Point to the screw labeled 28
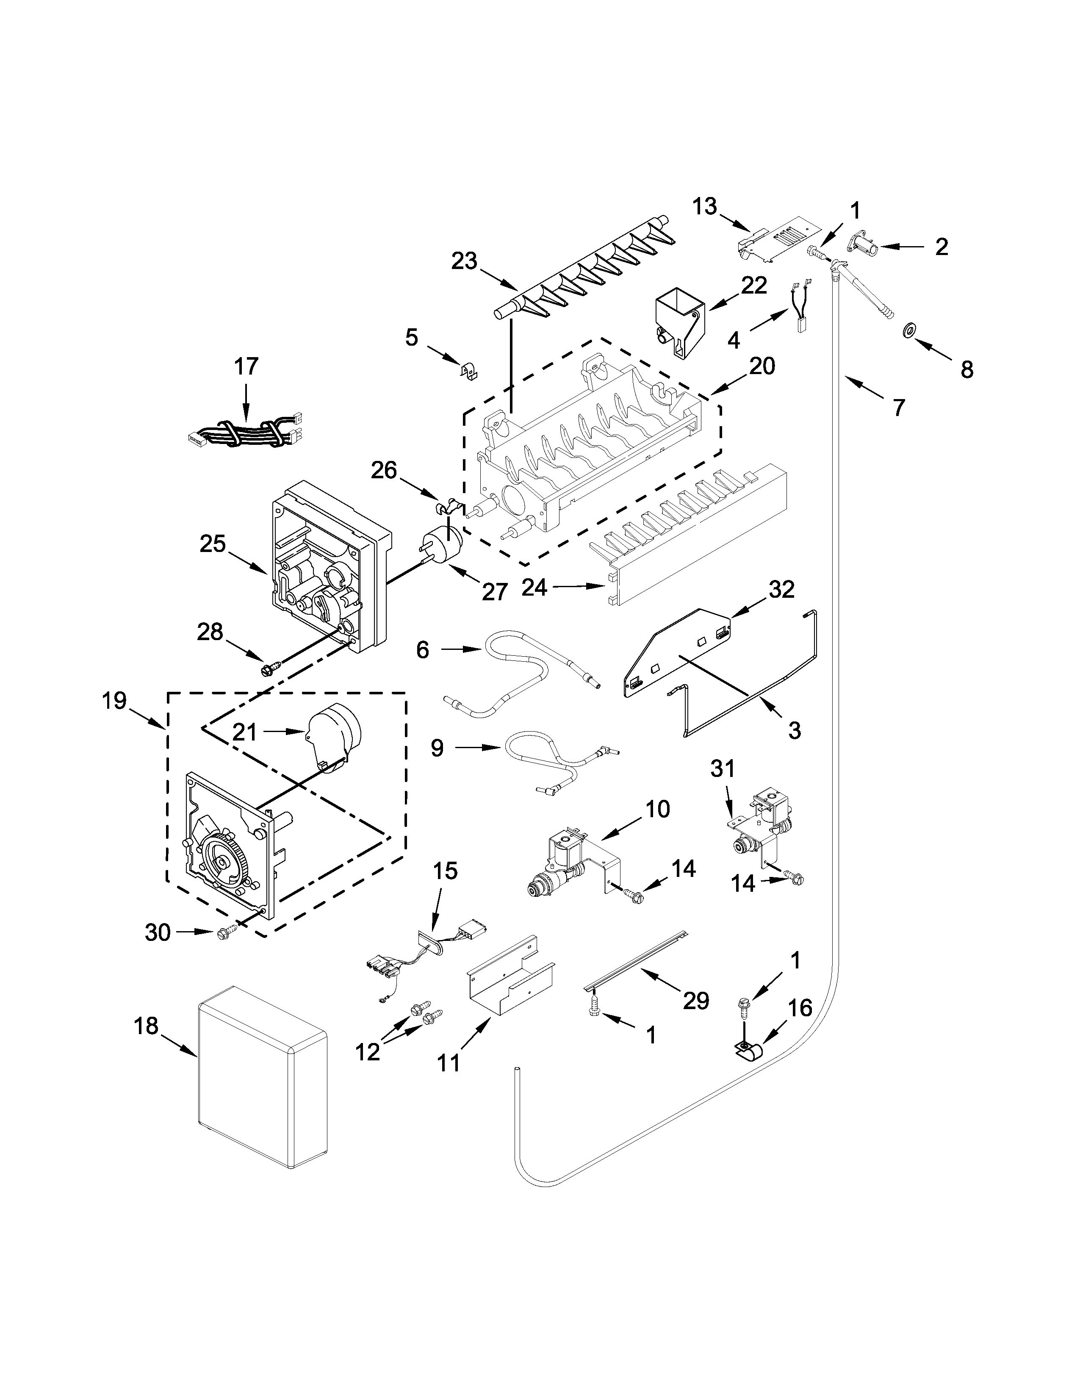pos(266,669)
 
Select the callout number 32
pos(781,589)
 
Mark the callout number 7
pos(899,408)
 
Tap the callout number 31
pos(723,768)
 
